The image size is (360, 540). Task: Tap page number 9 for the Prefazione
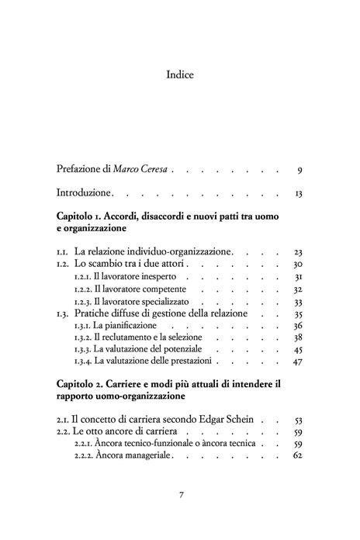(299, 168)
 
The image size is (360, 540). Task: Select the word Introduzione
(86, 191)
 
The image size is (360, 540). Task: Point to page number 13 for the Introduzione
(298, 191)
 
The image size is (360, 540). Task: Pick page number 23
(298, 252)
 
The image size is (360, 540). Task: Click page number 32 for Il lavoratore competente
(298, 289)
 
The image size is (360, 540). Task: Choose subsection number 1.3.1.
(82, 326)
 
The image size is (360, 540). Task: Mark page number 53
(298, 420)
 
